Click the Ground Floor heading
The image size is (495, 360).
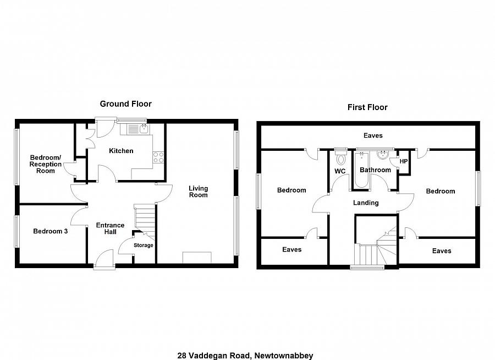125,103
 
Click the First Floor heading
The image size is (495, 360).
367,107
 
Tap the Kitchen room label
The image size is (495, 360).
121,151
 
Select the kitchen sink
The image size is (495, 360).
143,129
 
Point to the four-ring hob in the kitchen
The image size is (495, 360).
158,157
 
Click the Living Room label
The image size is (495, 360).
198,192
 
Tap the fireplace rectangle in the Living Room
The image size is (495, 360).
197,258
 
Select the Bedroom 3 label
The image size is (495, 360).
50,231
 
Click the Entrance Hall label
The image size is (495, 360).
110,228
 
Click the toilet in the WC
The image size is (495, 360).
340,160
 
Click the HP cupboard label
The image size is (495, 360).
404,161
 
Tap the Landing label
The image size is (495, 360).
366,203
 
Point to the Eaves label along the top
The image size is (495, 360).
373,135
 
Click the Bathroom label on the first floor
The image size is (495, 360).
375,170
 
